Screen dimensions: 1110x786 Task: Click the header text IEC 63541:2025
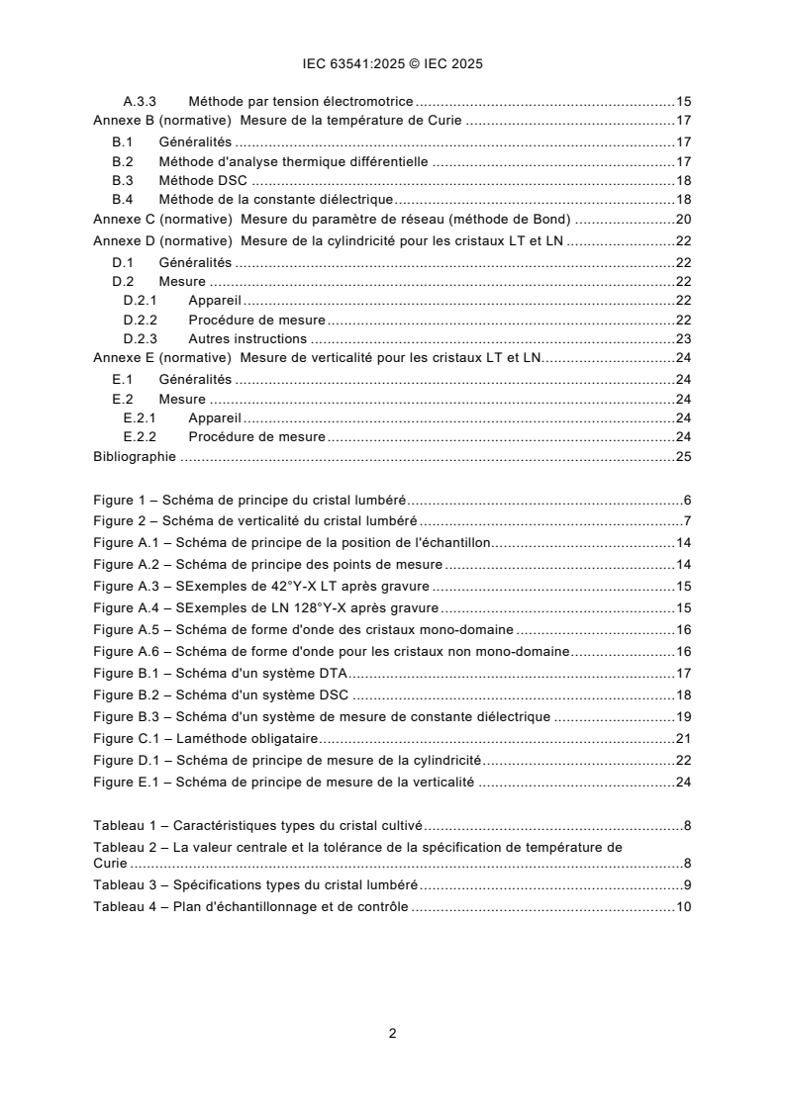click(348, 64)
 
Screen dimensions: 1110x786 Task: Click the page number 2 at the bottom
click(392, 1033)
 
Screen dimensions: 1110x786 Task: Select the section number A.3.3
click(140, 101)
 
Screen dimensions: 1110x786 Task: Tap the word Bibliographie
click(134, 456)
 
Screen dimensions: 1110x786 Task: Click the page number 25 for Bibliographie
click(682, 456)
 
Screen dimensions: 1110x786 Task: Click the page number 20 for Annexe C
click(682, 219)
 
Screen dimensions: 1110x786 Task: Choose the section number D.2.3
click(140, 337)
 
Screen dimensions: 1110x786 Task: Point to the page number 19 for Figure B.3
click(682, 716)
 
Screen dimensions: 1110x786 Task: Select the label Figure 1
click(119, 501)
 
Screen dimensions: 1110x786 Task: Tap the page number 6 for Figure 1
click(686, 501)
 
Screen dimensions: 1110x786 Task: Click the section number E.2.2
click(140, 436)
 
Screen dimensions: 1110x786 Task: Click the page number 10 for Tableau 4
click(682, 906)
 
